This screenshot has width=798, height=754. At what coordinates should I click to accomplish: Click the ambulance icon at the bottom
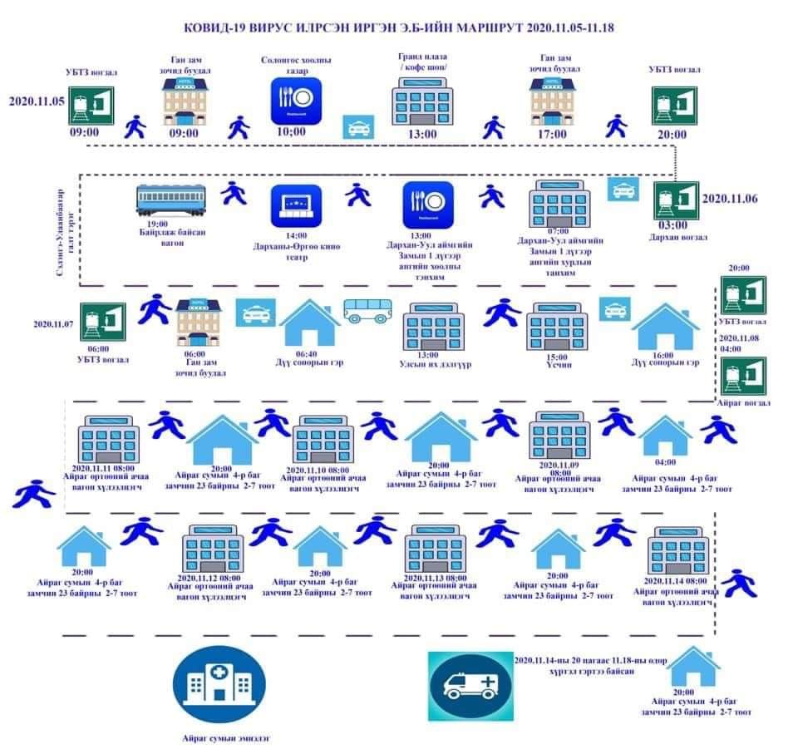(468, 686)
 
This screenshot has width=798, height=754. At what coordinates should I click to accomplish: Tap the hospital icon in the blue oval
(219, 683)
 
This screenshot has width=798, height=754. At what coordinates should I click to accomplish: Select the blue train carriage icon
(172, 200)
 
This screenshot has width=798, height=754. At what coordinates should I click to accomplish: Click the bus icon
(367, 312)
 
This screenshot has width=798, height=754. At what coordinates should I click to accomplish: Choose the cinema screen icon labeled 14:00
(295, 202)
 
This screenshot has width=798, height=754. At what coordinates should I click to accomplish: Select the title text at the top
(399, 27)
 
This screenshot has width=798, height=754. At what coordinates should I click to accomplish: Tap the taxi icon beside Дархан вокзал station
(623, 190)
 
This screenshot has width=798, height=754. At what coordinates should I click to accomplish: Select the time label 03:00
(672, 224)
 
